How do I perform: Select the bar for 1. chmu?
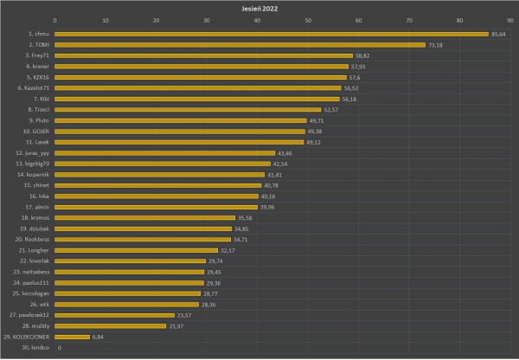coord(272,34)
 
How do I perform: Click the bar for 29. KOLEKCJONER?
coord(73,337)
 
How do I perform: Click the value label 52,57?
coord(331,110)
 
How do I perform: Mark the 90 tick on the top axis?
coord(510,20)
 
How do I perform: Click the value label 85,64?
coord(498,34)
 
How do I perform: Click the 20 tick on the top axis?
coord(157,20)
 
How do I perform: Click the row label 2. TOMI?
coord(39,45)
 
